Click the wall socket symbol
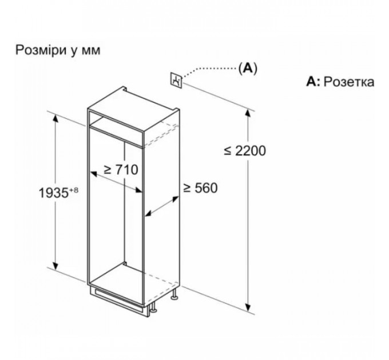176,80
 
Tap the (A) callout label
248,68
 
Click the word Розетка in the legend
349,82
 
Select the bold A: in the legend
313,81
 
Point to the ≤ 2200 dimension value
245,151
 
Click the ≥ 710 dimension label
121,170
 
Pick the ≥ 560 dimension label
200,188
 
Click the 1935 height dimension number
54,193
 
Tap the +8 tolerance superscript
73,190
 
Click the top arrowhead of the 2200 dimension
248,113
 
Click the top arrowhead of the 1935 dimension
55,119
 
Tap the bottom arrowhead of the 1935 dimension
55,265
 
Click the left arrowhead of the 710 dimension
93,174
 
